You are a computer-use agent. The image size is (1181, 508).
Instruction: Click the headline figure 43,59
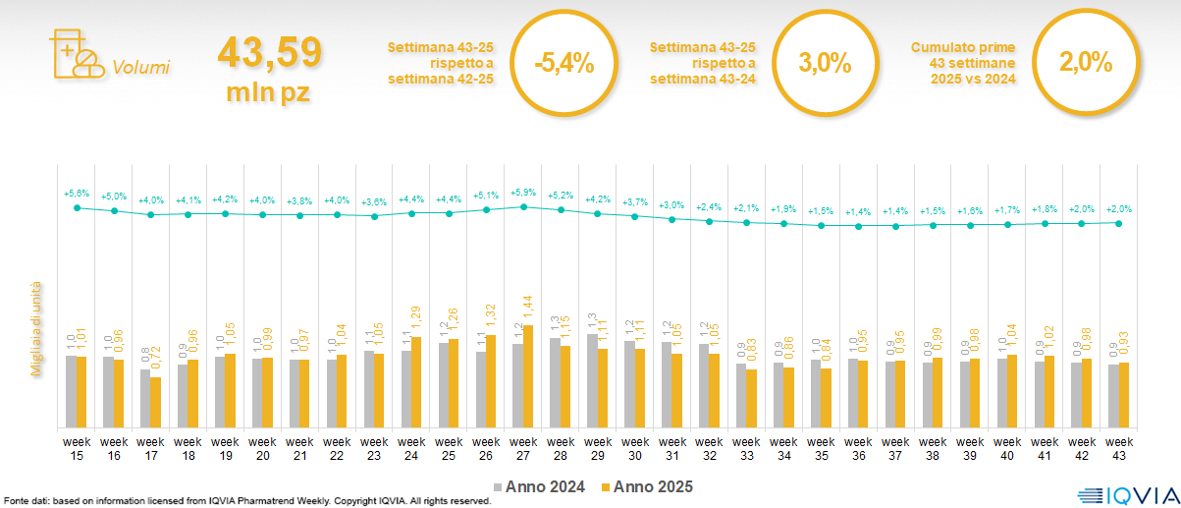tap(269, 53)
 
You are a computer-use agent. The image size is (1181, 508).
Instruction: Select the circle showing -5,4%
tap(564, 64)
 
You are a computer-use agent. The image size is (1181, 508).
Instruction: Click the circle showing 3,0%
tap(825, 64)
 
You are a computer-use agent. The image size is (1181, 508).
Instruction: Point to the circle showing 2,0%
tap(1085, 64)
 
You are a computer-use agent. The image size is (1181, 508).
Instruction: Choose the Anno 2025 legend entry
tap(648, 486)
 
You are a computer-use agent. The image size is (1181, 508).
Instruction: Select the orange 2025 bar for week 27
tap(529, 376)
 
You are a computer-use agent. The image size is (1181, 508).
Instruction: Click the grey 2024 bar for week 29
tap(592, 380)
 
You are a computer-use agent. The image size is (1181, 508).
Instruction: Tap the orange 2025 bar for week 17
tap(156, 402)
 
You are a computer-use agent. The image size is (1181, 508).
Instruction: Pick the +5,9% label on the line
tap(523, 193)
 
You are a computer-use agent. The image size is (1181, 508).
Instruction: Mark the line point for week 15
tap(78, 207)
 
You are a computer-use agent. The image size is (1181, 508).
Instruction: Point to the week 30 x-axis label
tap(635, 447)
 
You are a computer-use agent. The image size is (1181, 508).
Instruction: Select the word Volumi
tap(140, 68)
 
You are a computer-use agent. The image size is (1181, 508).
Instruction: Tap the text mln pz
tap(269, 92)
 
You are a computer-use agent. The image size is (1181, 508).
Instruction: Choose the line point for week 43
tap(1119, 223)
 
